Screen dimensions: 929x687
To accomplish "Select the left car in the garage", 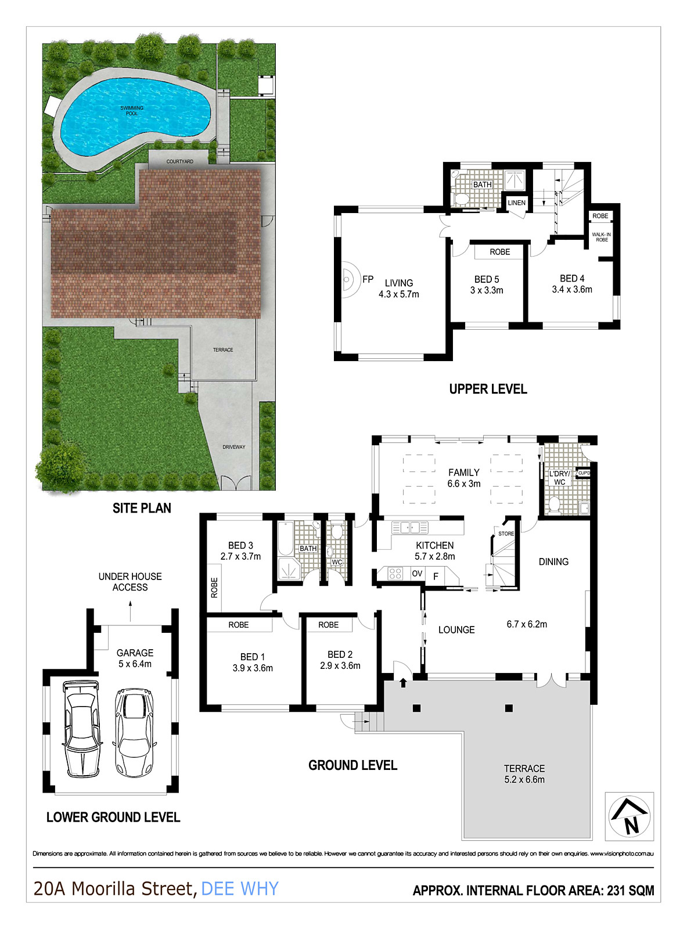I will (x=81, y=729).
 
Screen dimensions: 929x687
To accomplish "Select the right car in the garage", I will (x=134, y=733).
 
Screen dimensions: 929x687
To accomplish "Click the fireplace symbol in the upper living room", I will (x=348, y=279).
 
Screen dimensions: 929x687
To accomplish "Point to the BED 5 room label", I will (x=487, y=279).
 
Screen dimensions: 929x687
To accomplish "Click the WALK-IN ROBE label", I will (x=601, y=237).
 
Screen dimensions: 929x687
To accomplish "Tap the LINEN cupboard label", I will (x=516, y=203).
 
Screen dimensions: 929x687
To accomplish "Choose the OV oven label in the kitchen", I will (x=417, y=574).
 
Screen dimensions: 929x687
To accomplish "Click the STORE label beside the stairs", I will (x=506, y=533).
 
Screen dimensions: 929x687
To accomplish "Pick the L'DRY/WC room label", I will (x=560, y=478).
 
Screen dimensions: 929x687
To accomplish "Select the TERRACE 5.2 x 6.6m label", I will (x=524, y=774).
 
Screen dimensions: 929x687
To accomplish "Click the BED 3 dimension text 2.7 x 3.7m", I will (x=240, y=556).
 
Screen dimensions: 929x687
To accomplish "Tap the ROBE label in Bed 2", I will (x=328, y=625).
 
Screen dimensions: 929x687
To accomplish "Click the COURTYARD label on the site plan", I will (x=179, y=161).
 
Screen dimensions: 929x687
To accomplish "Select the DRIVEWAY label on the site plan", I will (x=233, y=447).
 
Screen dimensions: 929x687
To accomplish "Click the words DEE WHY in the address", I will (x=240, y=888).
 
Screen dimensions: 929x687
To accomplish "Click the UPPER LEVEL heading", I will (x=488, y=389).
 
